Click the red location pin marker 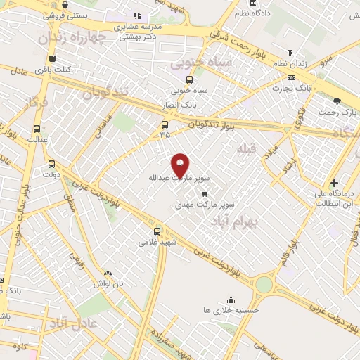click(x=181, y=165)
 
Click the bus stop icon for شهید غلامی click(x=157, y=231)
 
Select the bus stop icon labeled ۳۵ click(x=165, y=125)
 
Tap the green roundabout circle click(x=264, y=283)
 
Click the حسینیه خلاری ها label click(x=231, y=309)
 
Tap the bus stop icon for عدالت click(x=37, y=129)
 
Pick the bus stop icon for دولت click(x=51, y=163)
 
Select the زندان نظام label click(x=290, y=64)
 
